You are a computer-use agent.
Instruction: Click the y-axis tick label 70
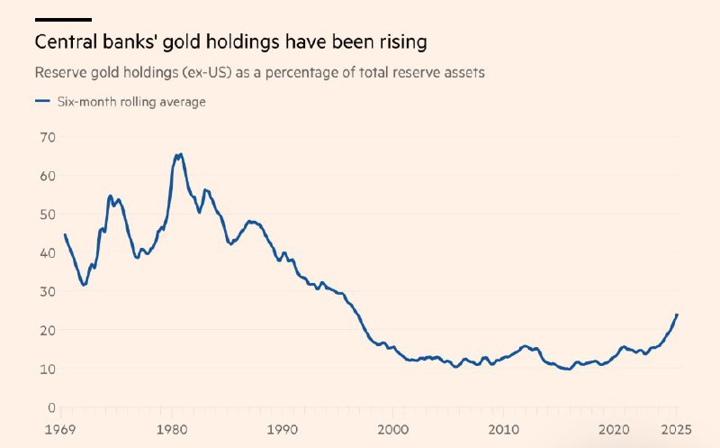pos(48,137)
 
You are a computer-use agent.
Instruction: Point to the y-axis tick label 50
pos(48,215)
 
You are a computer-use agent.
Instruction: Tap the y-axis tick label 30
pos(48,292)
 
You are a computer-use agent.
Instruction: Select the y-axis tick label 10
pos(48,369)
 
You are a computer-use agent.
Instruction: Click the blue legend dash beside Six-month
pos(41,102)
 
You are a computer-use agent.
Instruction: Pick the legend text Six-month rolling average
pos(130,102)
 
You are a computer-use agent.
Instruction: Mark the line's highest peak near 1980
pos(180,154)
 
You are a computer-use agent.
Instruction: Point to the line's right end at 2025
pos(677,315)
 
